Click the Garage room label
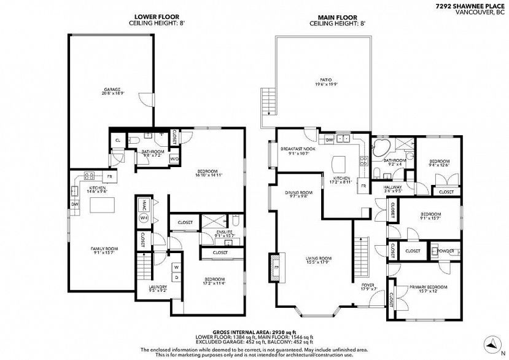tap(112, 90)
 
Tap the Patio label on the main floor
tap(325, 80)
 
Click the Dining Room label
tap(299, 193)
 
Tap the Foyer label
tap(368, 285)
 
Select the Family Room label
tap(104, 249)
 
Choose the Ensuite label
tap(225, 232)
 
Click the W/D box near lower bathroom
tap(174, 159)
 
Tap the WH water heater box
tap(144, 218)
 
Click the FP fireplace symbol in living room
tap(276, 268)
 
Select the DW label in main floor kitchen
tap(330, 139)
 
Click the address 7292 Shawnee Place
tap(470, 4)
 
